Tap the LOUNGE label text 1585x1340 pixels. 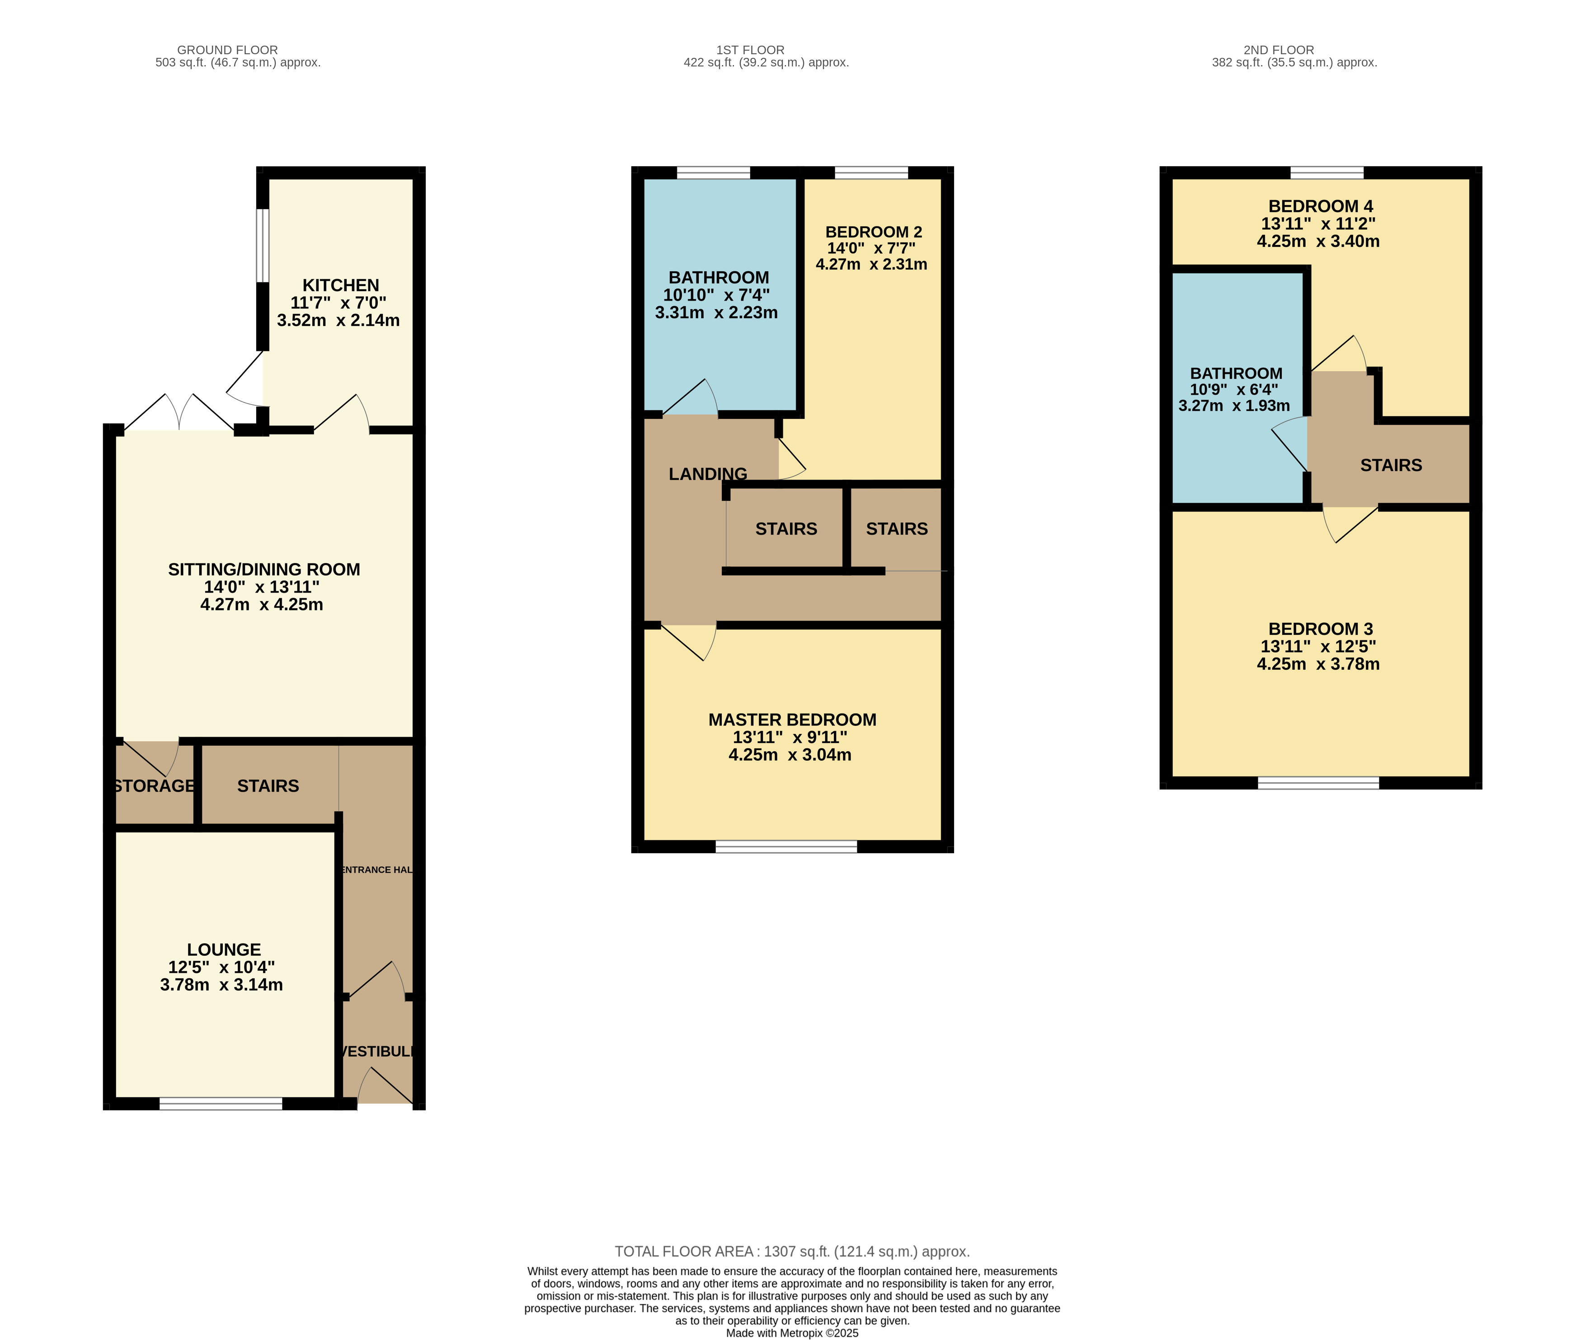(x=224, y=950)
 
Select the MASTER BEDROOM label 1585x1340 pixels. (x=792, y=719)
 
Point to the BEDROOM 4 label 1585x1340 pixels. (x=1321, y=206)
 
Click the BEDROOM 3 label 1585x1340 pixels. (x=1321, y=629)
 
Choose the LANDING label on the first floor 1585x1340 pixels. (x=708, y=474)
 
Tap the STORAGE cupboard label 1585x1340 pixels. (x=154, y=786)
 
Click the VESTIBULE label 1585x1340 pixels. (x=377, y=1051)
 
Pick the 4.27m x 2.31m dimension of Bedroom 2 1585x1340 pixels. (x=871, y=264)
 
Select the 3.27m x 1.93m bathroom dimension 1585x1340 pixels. (x=1234, y=406)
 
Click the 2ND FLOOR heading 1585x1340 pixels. (x=1279, y=50)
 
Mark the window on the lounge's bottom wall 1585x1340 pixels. (x=221, y=1104)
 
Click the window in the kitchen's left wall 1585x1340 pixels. (x=262, y=245)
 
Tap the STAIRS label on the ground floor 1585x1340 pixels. (x=268, y=786)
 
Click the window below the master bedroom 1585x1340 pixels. (x=786, y=846)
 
